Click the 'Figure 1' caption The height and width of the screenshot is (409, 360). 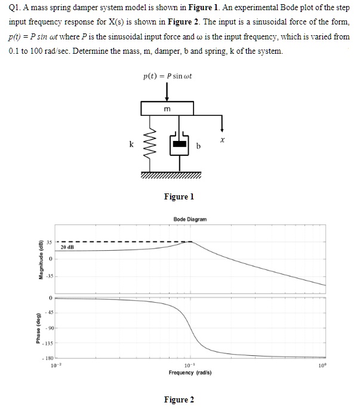179,197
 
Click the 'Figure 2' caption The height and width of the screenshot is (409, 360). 179,399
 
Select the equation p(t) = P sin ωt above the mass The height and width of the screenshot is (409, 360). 167,77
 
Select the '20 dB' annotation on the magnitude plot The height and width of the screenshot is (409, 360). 67,246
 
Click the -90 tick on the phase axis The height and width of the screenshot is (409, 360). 53,329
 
